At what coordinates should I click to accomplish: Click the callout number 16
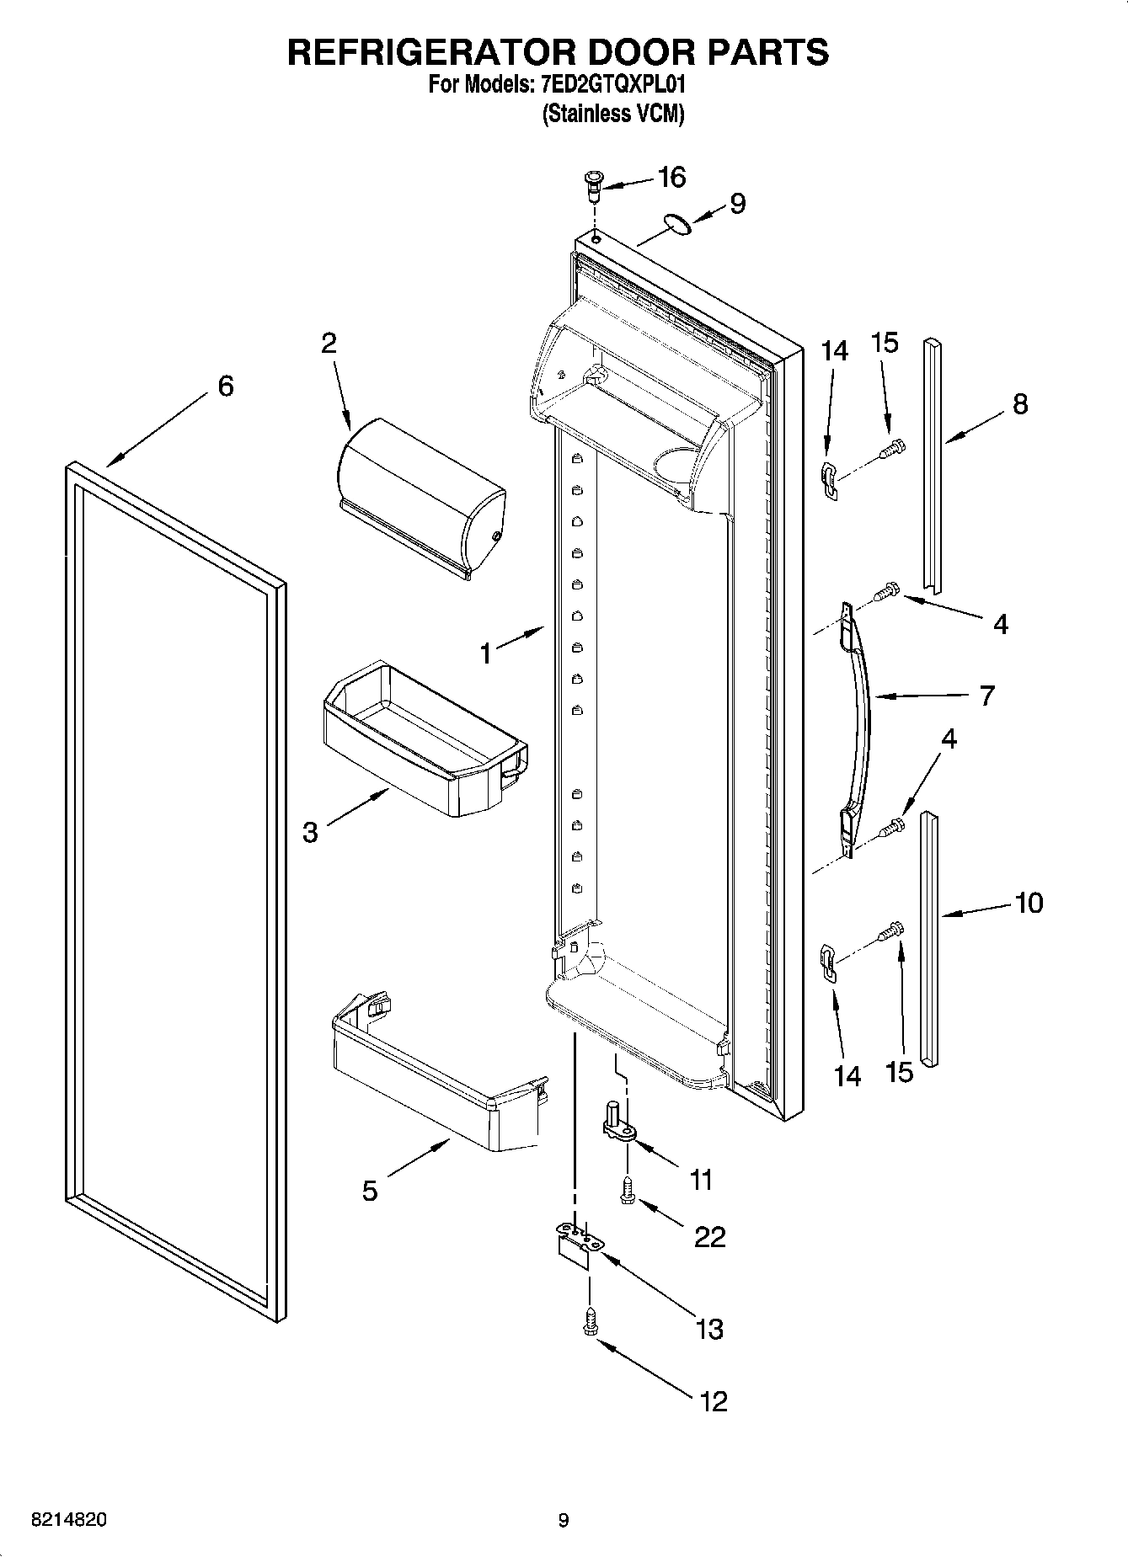(671, 178)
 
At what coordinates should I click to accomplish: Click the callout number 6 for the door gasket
(226, 387)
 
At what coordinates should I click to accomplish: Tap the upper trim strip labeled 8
(931, 463)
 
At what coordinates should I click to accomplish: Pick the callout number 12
(713, 1401)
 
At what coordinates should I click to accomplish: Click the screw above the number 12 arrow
(589, 1325)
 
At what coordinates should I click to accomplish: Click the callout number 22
(709, 1236)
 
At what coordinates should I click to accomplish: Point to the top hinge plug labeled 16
(593, 184)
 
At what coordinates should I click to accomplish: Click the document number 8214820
(69, 1520)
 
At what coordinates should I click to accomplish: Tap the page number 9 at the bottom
(563, 1520)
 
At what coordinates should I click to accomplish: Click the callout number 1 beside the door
(486, 653)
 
